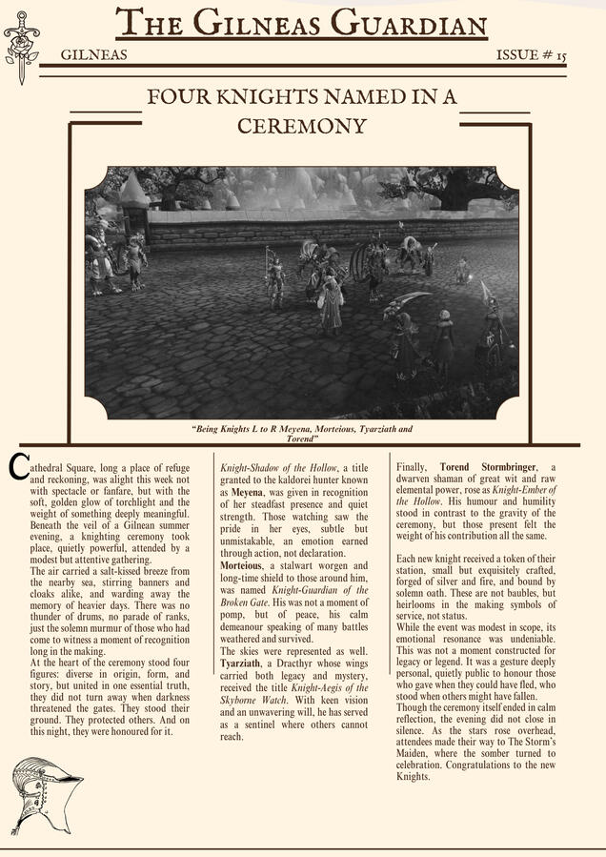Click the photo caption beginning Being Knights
click(x=302, y=435)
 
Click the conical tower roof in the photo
click(x=133, y=191)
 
